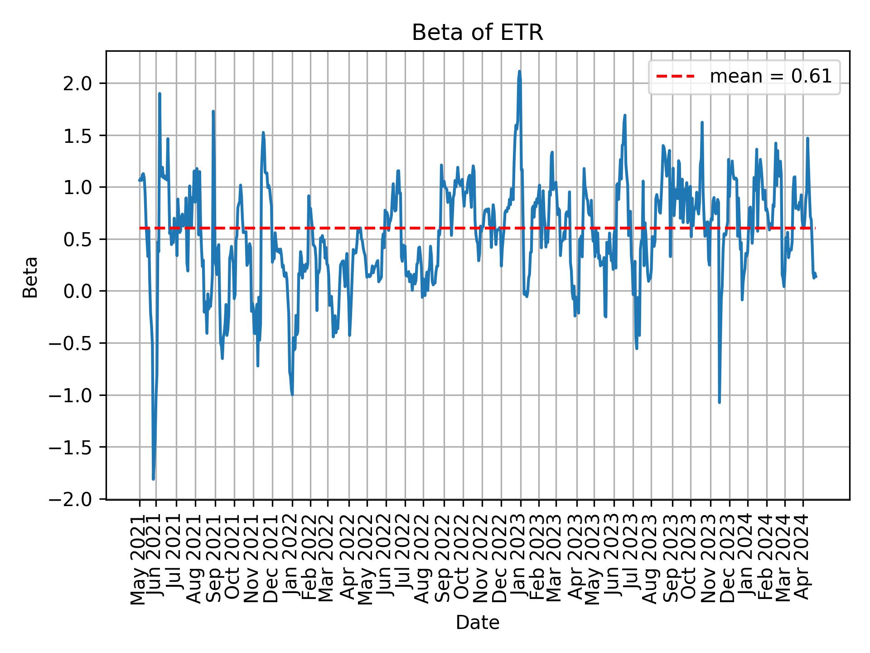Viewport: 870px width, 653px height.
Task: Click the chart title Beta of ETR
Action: tap(477, 33)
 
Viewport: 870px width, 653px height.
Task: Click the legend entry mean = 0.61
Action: tap(770, 77)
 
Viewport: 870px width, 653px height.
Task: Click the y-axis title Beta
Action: tap(30, 277)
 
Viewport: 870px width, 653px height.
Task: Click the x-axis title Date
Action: tap(477, 623)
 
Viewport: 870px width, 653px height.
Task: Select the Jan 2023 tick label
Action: tap(521, 560)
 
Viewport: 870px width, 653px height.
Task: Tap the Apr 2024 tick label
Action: tap(803, 560)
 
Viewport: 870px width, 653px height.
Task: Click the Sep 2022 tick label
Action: tap(444, 560)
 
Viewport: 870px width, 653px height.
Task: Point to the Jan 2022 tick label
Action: tap(292, 560)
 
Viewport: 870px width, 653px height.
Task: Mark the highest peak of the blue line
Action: tap(519, 72)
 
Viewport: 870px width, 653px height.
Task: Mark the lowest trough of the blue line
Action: tap(153, 479)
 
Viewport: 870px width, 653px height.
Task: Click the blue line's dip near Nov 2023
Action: tap(719, 402)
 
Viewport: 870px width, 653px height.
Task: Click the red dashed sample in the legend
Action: tap(675, 77)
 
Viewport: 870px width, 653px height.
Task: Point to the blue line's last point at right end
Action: tap(816, 277)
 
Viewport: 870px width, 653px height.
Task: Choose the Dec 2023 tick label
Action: tap(730, 560)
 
